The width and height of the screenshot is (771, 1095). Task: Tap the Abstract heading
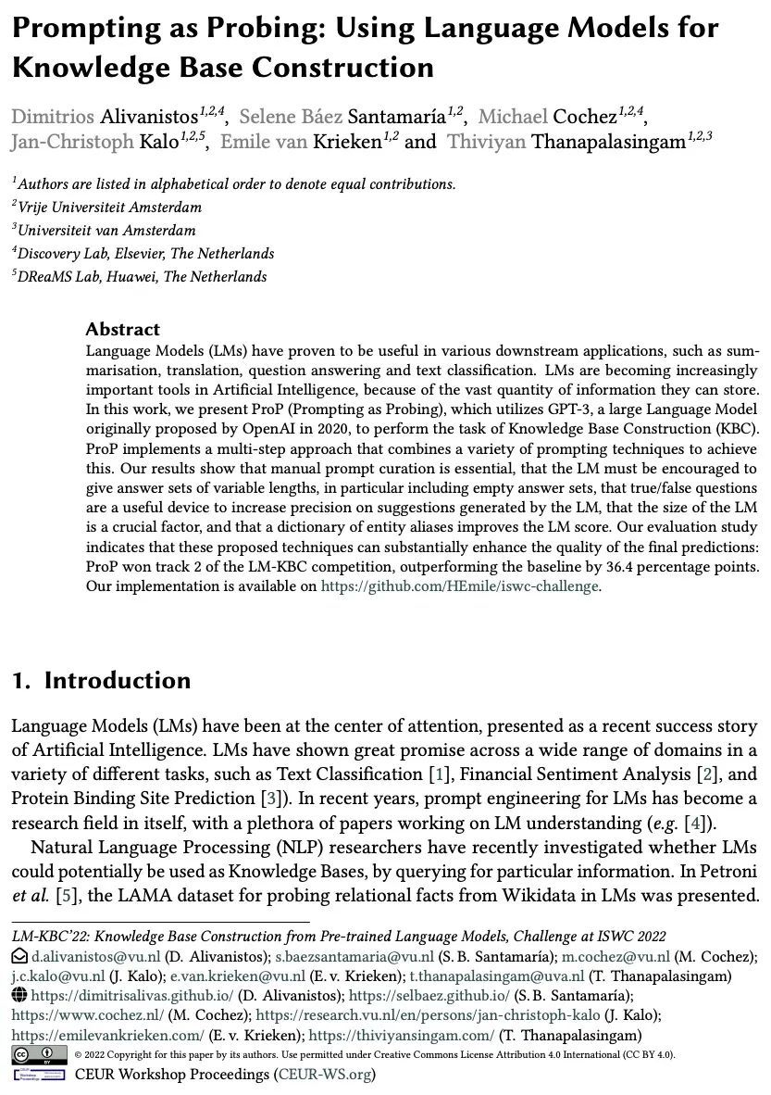click(x=122, y=329)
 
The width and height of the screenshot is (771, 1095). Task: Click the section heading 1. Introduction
click(x=101, y=680)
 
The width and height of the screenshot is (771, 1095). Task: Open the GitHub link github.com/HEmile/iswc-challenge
click(x=460, y=585)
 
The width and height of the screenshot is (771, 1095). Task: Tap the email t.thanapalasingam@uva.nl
click(x=497, y=975)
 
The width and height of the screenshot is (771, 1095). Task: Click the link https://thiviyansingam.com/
click(x=402, y=1035)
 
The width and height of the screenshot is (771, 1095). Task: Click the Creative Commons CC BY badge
click(x=40, y=1054)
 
